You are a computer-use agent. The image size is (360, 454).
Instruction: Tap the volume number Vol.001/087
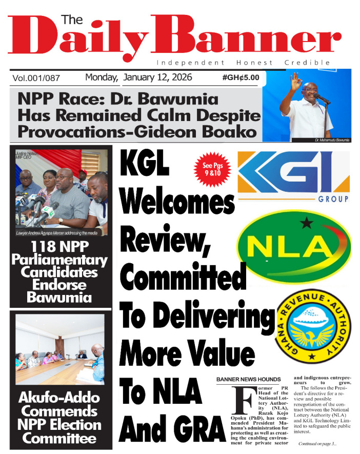(x=36, y=78)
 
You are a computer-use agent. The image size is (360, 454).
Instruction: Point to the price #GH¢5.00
(x=241, y=78)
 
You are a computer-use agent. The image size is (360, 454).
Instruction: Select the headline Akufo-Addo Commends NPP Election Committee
(x=61, y=418)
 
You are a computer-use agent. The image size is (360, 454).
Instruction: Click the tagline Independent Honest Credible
(x=243, y=63)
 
